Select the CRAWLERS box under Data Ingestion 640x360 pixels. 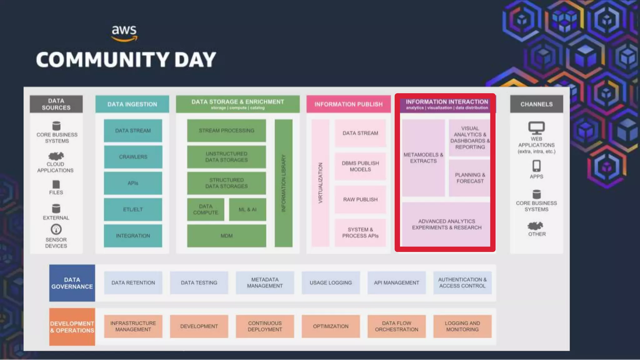133,157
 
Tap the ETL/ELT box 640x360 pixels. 133,209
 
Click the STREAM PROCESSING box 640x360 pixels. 227,131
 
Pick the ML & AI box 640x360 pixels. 247,209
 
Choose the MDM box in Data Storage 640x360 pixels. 227,236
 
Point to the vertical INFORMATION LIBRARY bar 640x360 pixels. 283,183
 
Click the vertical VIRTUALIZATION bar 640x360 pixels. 320,183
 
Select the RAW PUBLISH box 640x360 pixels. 360,199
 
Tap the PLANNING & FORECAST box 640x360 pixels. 470,178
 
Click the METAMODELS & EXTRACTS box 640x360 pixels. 423,158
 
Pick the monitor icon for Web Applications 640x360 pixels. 537,128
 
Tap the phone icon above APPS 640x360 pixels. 537,166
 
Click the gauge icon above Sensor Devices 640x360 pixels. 56,229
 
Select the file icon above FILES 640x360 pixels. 56,184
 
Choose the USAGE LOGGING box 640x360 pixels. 331,282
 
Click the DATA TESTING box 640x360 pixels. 199,282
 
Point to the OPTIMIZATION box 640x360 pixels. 331,326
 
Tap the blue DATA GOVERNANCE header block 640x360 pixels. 72,283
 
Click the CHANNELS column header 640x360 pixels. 537,104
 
